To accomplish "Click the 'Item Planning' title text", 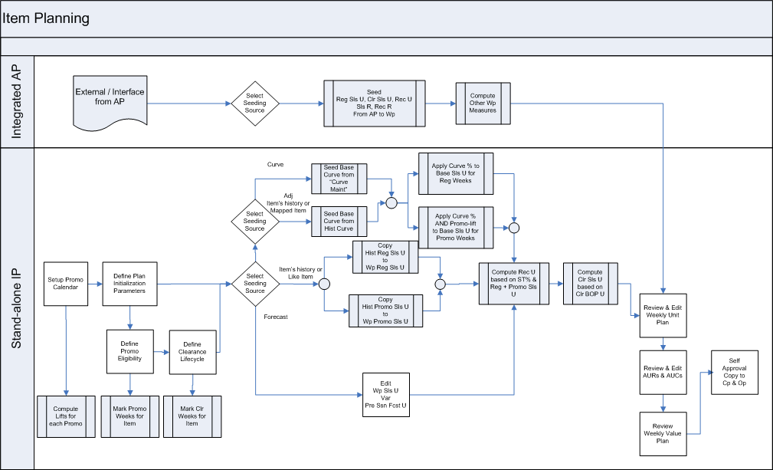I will pos(46,18).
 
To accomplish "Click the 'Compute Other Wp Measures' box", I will pos(483,104).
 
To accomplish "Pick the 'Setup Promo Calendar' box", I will pos(65,283).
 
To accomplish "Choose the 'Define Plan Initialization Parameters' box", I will pos(129,283).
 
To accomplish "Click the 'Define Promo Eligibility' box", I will pos(129,352).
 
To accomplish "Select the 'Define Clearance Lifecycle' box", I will pos(192,352).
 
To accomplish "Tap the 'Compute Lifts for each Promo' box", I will pos(67,415).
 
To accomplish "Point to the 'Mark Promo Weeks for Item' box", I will pos(129,415).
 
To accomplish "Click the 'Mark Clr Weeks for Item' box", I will pos(192,415).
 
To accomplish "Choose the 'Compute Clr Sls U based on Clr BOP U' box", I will pos(590,284).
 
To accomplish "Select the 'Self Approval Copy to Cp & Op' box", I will pos(735,373).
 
